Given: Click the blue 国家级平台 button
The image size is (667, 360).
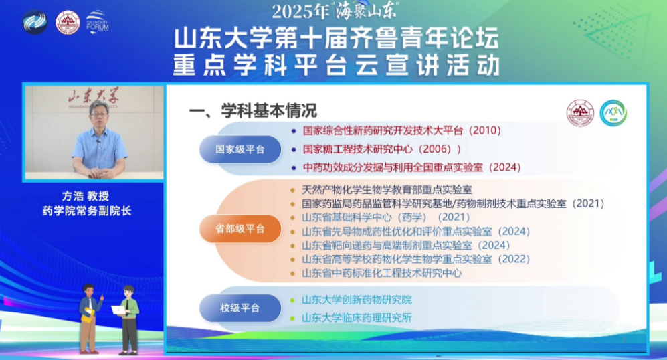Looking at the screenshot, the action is pos(240,149).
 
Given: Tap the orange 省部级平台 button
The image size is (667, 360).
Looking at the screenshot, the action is pos(240,229).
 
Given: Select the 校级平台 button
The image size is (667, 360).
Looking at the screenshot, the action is pos(240,308).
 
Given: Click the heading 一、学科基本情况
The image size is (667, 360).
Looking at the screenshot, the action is pos(253,110).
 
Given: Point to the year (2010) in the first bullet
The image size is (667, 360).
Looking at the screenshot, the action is pos(485,130).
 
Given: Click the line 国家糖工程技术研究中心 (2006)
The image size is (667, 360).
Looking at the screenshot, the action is pos(382,149).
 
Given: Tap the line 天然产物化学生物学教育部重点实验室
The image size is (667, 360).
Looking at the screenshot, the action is pos(387,190).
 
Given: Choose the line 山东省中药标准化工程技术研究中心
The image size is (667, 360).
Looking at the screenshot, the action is pos(381,273).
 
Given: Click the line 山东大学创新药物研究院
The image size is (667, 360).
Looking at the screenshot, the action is pos(357,300).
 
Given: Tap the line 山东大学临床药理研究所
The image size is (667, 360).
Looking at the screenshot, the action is pos(357,318).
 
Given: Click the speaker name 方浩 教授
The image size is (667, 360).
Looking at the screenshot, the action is pos(86,196).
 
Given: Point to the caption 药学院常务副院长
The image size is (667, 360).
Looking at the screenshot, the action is pos(87,211).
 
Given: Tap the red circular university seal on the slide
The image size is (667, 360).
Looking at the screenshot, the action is pos(580,113).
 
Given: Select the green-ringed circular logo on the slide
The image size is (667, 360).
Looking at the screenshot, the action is pos(613,113).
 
